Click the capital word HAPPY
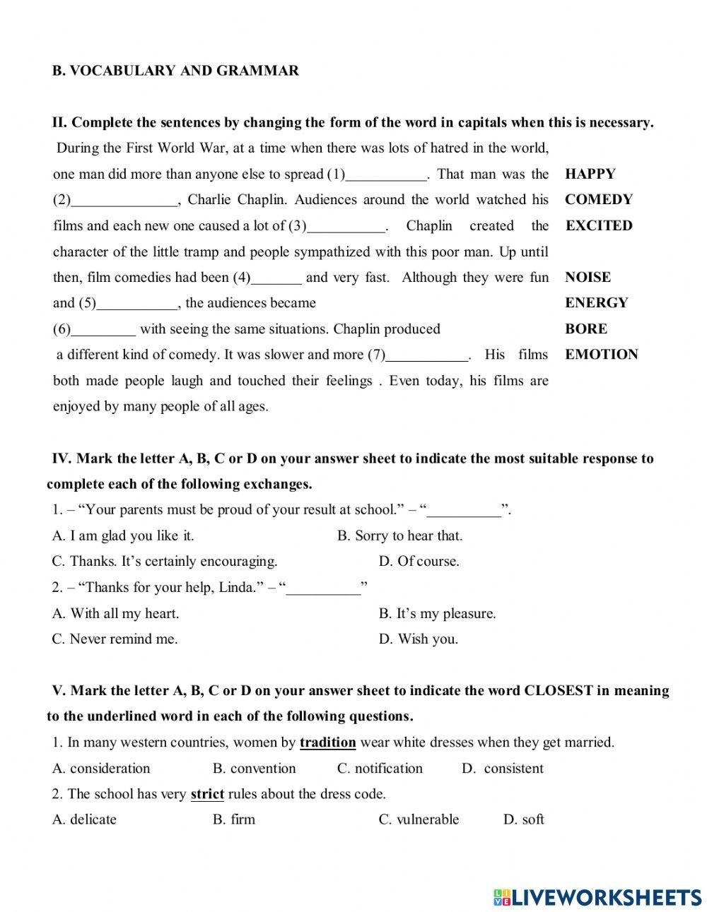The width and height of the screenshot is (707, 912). pyautogui.click(x=590, y=174)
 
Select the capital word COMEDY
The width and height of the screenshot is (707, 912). pyautogui.click(x=598, y=200)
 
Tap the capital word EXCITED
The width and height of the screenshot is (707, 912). pyautogui.click(x=598, y=226)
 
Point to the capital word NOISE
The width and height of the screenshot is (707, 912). pyautogui.click(x=588, y=278)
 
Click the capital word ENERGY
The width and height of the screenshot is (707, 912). pyautogui.click(x=596, y=303)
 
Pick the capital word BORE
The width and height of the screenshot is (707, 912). pyautogui.click(x=585, y=329)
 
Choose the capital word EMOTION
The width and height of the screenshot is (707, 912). pyautogui.click(x=601, y=355)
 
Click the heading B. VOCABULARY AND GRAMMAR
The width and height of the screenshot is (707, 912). pyautogui.click(x=175, y=71)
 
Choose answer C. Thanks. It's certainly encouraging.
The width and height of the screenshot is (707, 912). pyautogui.click(x=165, y=562)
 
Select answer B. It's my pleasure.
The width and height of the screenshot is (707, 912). pyautogui.click(x=437, y=613)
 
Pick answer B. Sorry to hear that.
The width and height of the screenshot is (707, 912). pyautogui.click(x=399, y=536)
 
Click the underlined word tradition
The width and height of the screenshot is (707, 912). pyautogui.click(x=327, y=742)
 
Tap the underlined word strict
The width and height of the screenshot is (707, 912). pyautogui.click(x=207, y=794)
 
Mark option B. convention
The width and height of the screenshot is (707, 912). pyautogui.click(x=254, y=769)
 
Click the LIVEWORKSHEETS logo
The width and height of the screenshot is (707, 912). pyautogui.click(x=597, y=897)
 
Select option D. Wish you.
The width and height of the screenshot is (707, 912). pyautogui.click(x=418, y=639)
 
